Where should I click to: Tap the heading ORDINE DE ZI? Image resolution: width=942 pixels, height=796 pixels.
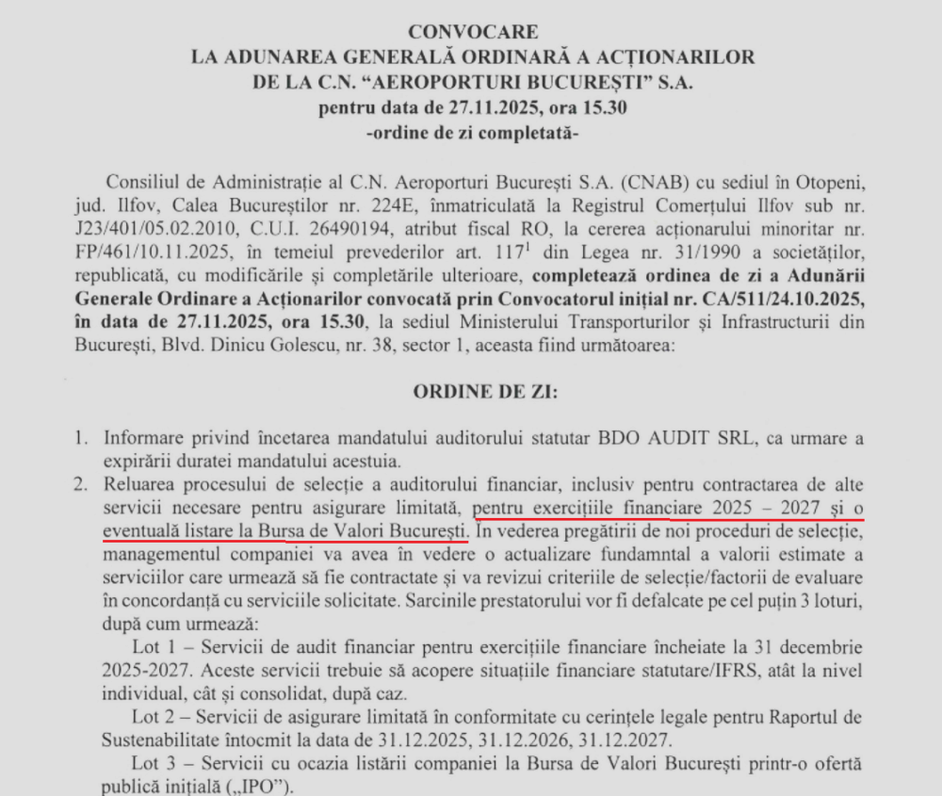point(471,393)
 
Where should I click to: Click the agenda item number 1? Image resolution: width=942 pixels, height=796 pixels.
point(82,439)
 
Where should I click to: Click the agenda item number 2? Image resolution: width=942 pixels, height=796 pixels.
point(82,485)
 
